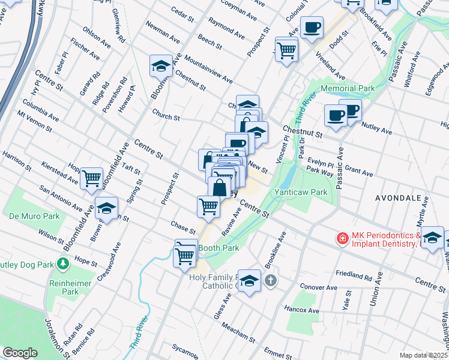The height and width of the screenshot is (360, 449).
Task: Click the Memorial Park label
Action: (x=348, y=88)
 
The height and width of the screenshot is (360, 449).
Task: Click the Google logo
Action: (x=20, y=353)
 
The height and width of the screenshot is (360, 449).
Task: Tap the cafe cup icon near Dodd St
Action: (x=312, y=28)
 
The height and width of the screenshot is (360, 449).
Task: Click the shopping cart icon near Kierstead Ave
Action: (x=91, y=178)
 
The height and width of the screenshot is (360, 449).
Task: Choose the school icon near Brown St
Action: (x=106, y=208)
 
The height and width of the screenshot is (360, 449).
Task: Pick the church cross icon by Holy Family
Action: (x=271, y=280)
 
